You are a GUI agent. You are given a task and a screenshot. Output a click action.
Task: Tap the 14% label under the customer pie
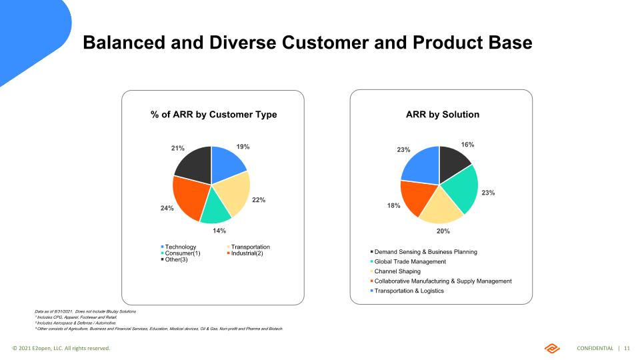[219, 231]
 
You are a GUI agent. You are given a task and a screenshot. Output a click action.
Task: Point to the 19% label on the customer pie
[243, 146]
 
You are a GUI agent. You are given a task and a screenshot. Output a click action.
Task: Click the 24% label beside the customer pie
[167, 208]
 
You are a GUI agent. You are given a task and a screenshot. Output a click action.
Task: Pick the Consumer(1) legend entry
[182, 253]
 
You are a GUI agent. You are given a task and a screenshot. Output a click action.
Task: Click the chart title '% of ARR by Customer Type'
[213, 115]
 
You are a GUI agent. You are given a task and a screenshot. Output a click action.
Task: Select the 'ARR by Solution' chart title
[443, 115]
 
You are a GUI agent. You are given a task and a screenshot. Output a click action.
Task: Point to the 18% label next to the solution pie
[393, 206]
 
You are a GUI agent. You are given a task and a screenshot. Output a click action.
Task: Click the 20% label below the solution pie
[443, 231]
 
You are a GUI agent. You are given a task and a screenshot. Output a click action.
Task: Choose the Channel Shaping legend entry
[397, 271]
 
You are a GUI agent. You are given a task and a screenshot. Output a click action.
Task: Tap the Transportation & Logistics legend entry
[409, 291]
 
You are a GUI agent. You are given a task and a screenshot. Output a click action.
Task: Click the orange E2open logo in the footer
[553, 348]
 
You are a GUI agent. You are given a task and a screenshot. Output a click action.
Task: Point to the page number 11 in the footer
[627, 349]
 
